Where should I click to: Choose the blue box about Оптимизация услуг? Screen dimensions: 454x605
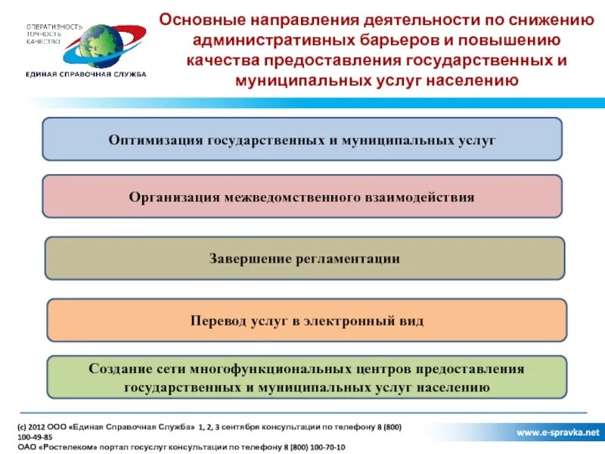pyautogui.click(x=302, y=139)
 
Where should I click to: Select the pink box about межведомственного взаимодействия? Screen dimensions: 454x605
pyautogui.click(x=302, y=197)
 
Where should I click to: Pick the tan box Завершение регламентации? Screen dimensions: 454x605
pyautogui.click(x=304, y=259)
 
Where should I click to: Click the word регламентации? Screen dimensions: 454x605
pyautogui.click(x=347, y=259)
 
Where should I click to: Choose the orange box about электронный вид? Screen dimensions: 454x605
pyautogui.click(x=306, y=321)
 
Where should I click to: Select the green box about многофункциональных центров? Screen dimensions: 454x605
pyautogui.click(x=306, y=378)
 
